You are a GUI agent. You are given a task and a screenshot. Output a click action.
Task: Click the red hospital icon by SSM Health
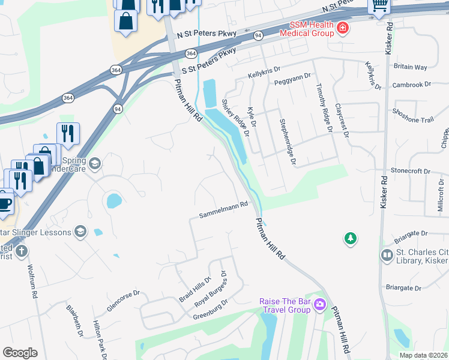tap(342, 28)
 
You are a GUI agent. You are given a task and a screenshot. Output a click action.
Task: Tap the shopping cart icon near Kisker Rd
tap(379, 5)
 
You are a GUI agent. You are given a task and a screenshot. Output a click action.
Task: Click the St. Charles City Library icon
tap(387, 256)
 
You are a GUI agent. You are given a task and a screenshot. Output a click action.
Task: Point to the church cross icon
tap(21, 251)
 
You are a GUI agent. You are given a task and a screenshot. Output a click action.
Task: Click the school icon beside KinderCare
tap(95, 163)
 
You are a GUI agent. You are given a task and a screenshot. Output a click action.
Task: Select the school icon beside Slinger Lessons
tap(80, 232)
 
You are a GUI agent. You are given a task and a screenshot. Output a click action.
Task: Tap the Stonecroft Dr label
tap(411, 171)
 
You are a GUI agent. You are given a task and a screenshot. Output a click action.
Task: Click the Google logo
tap(20, 353)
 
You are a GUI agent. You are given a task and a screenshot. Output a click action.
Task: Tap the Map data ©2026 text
tap(423, 355)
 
